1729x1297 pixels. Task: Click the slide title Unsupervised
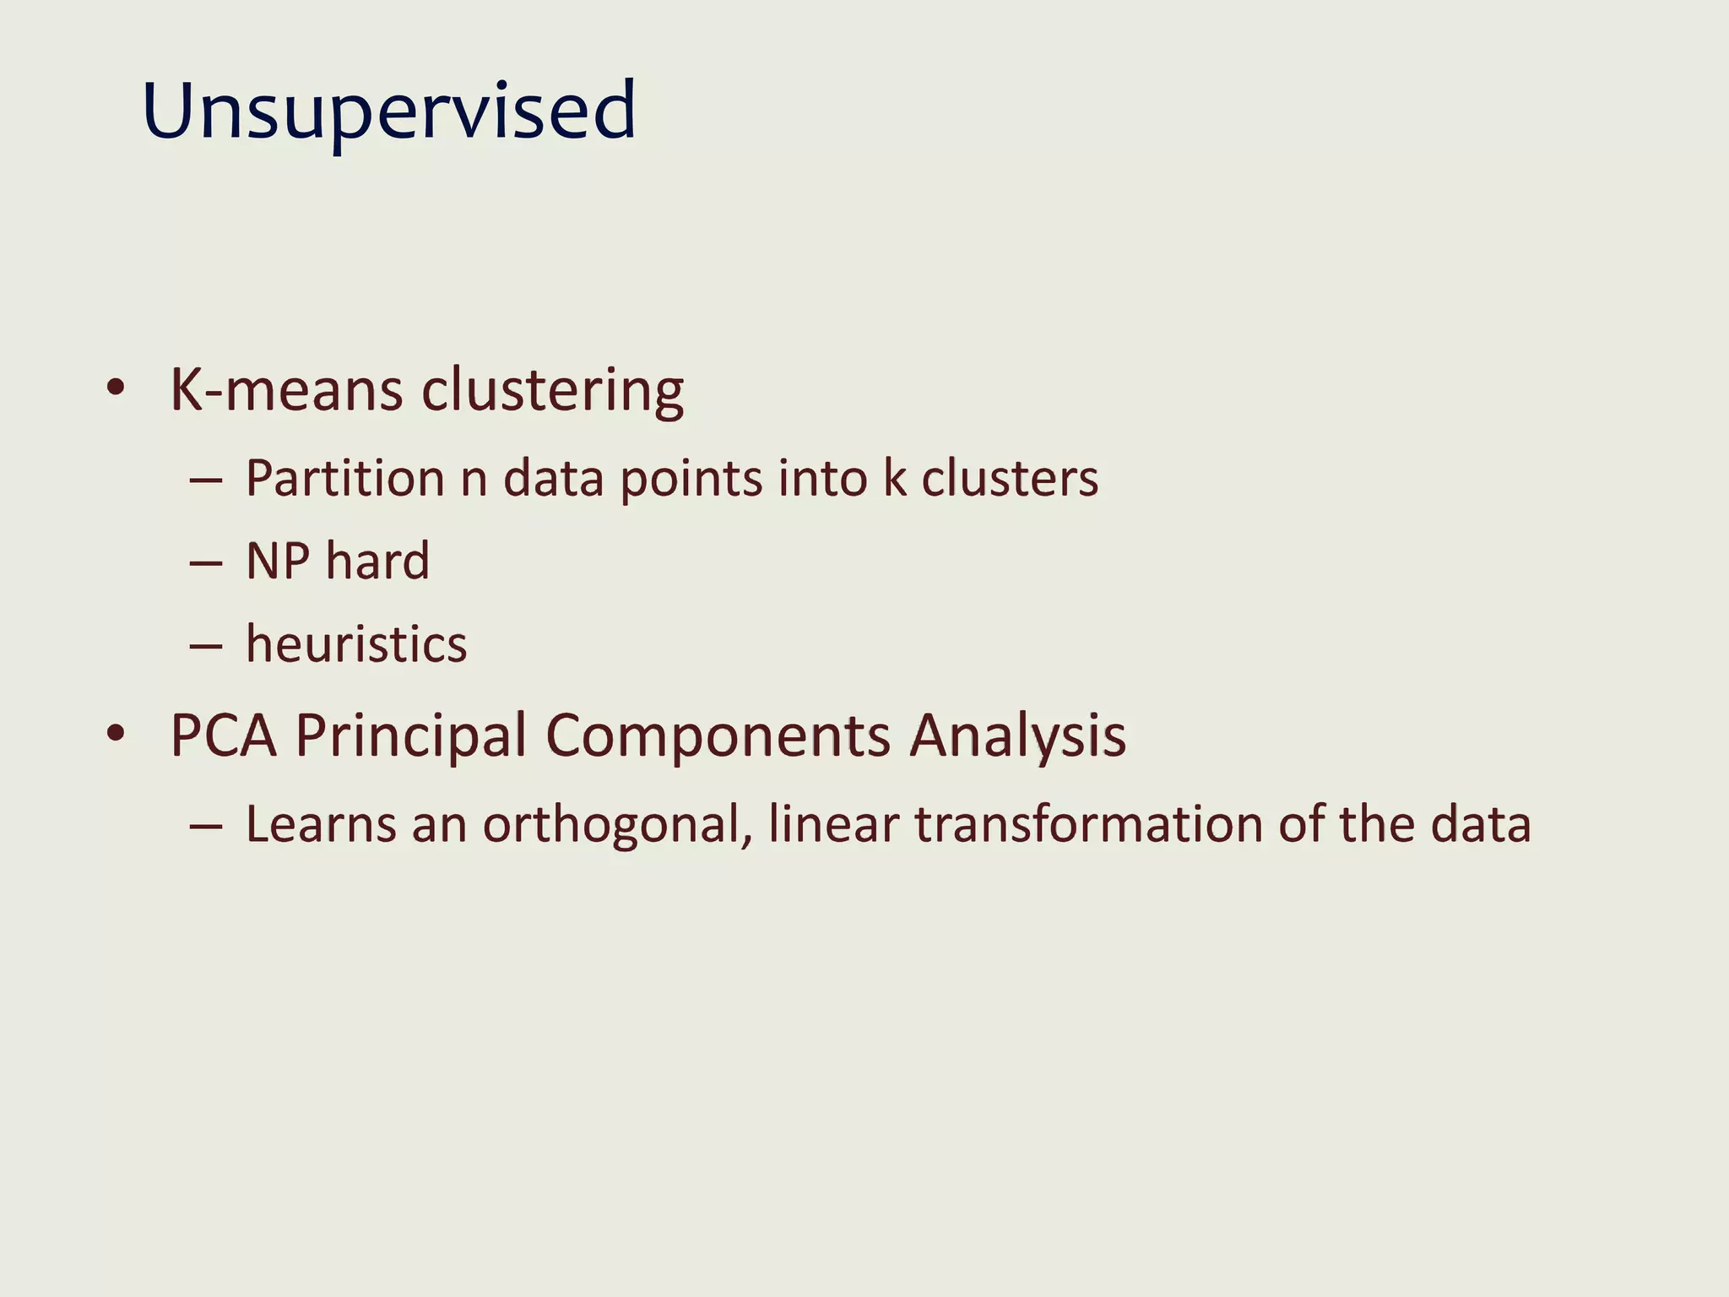[388, 111]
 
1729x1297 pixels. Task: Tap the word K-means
[286, 390]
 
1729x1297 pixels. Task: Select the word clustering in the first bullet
[552, 390]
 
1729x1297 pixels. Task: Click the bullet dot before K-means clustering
[117, 388]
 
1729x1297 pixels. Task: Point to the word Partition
[344, 479]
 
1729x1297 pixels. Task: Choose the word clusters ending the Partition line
[1009, 479]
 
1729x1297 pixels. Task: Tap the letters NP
[278, 561]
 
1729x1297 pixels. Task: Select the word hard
[377, 561]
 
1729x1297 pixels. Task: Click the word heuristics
[355, 644]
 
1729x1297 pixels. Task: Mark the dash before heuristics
[205, 647]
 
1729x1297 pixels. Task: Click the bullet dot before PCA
[117, 733]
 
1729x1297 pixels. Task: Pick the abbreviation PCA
[223, 735]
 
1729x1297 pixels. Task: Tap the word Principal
[410, 735]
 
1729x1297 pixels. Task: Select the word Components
[718, 735]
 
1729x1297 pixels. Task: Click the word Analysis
[1017, 735]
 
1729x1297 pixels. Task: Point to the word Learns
[320, 824]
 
